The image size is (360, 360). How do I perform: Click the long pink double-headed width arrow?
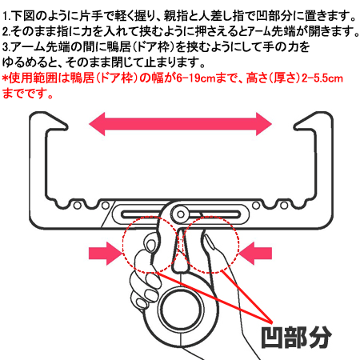(180, 124)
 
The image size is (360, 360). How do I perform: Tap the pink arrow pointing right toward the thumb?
(105, 254)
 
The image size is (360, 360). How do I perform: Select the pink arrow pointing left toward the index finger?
(255, 254)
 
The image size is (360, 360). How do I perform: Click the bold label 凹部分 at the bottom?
(296, 337)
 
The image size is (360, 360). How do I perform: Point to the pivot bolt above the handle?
(181, 214)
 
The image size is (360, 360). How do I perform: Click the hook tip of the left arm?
(66, 126)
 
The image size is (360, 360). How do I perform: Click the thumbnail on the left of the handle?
(151, 246)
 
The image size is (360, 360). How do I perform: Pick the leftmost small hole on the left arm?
(78, 206)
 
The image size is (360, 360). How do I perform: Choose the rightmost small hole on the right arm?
(284, 206)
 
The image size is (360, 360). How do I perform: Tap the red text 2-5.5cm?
(322, 78)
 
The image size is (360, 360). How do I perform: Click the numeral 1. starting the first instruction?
(6, 17)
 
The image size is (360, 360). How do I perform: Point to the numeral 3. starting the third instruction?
(6, 47)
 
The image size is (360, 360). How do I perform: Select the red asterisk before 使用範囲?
(6, 78)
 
